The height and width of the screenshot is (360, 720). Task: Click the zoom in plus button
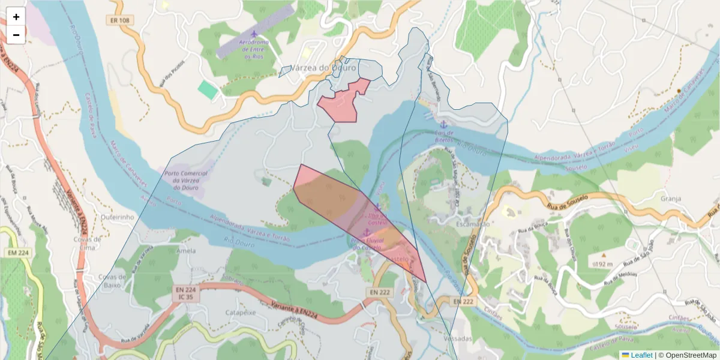pos(16,17)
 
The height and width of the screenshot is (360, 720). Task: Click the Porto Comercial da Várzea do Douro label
pos(185,181)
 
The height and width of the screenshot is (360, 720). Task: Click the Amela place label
pos(185,251)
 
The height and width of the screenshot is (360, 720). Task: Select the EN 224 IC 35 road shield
pos(185,293)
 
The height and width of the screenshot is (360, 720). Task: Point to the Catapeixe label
pos(240,313)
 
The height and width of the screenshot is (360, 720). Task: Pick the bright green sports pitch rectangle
pos(208,91)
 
